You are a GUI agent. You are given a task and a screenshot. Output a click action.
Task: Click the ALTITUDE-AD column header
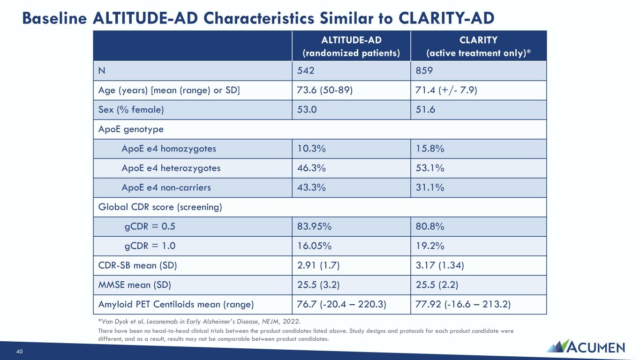351,46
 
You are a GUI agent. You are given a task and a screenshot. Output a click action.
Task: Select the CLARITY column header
478,46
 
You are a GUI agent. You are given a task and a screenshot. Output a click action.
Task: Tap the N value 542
305,71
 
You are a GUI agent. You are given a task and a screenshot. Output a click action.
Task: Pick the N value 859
424,71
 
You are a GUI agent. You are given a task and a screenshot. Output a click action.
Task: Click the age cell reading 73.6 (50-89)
324,90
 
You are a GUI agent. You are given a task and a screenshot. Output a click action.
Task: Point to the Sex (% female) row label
131,110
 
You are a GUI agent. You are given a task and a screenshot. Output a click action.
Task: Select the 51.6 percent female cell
425,109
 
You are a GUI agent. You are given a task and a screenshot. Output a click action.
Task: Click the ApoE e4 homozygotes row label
169,149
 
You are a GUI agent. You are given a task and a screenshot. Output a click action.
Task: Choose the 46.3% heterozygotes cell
311,168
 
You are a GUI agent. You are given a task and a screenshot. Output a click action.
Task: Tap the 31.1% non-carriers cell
429,187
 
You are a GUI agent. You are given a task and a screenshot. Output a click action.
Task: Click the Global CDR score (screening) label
160,207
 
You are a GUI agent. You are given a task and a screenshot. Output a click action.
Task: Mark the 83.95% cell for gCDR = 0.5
314,226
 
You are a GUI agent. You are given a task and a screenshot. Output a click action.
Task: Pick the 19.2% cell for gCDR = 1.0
429,246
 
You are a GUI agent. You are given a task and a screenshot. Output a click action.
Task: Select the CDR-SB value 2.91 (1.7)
318,265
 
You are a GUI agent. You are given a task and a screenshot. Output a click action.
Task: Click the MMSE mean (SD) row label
135,285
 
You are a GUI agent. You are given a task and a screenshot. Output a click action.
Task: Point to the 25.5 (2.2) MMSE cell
437,285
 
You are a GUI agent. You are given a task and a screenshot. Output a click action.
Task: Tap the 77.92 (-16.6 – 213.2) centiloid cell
463,304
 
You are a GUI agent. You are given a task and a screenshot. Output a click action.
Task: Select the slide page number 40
19,352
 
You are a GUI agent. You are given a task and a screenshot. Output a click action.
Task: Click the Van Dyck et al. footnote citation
199,322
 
